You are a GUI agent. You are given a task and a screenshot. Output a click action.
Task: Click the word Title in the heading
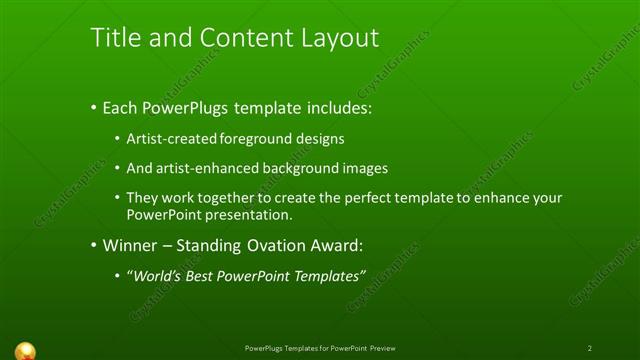coord(114,38)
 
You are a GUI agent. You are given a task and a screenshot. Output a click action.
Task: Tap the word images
coord(361,168)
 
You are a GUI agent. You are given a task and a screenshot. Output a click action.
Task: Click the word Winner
coord(129,245)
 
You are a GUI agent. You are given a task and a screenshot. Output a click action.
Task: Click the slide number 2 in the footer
coord(590,348)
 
